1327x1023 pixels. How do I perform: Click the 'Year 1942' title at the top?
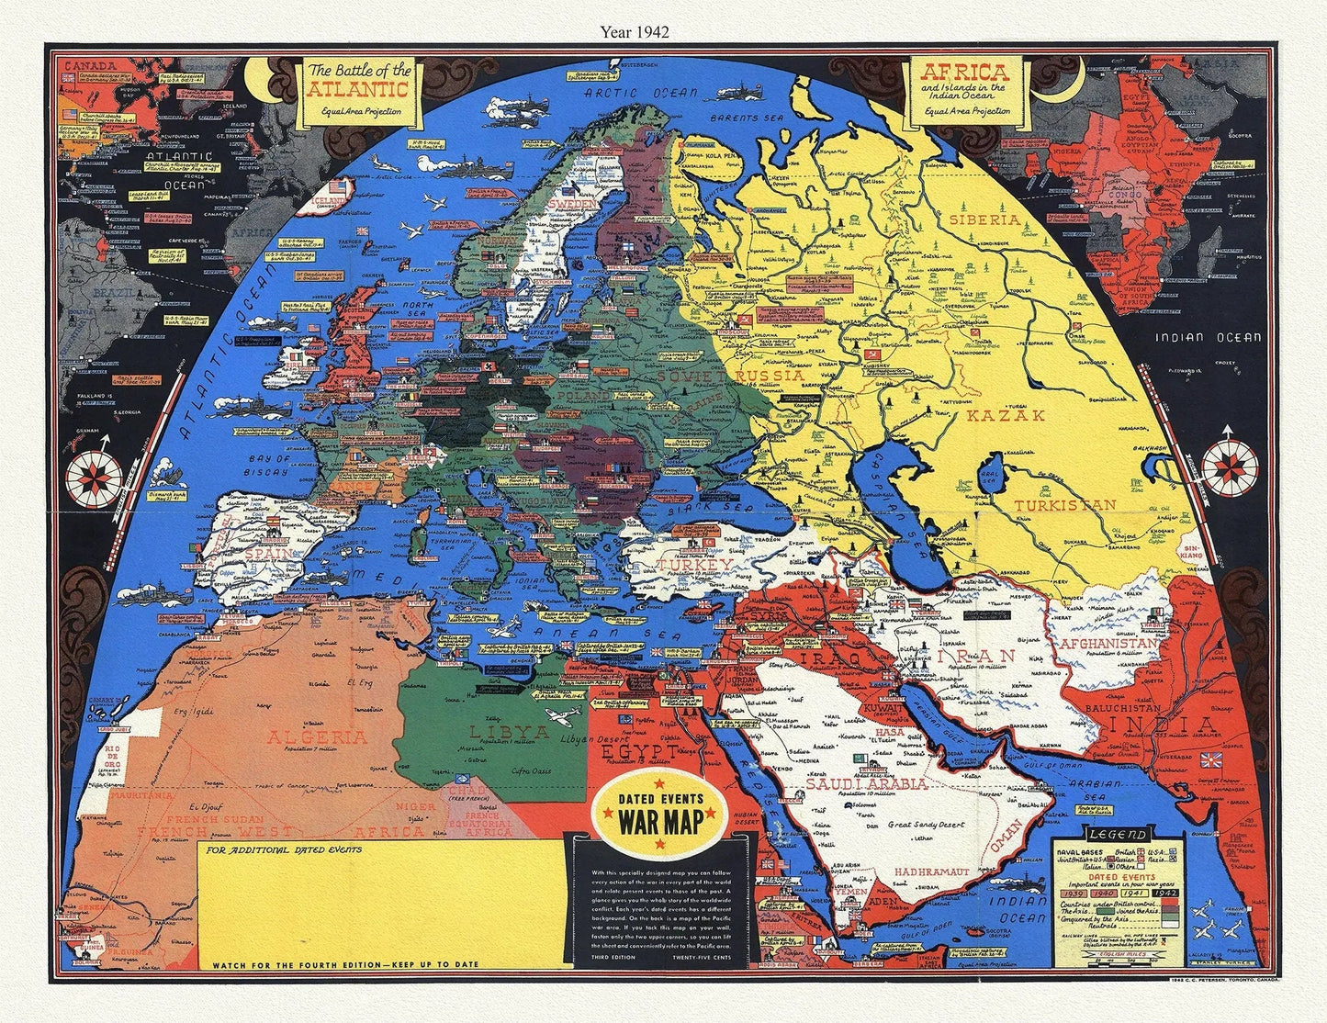[x=635, y=30]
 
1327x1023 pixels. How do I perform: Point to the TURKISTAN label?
[x=1064, y=505]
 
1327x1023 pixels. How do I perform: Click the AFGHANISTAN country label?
[x=1109, y=644]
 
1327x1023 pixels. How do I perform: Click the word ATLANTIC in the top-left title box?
[x=358, y=89]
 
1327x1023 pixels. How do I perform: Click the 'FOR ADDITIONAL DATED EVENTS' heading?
[x=284, y=849]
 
